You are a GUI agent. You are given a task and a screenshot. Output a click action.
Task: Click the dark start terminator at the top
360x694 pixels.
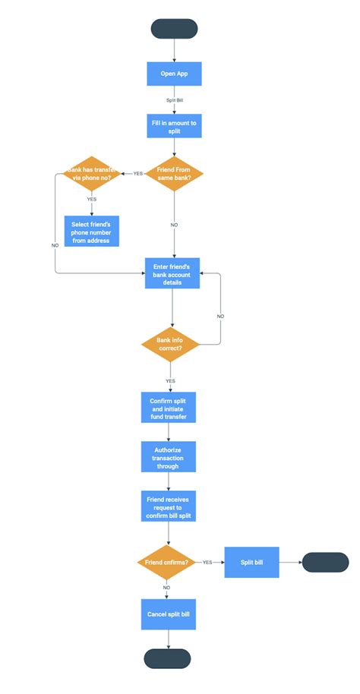[x=175, y=29]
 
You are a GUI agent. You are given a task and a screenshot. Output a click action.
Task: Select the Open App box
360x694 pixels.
[x=174, y=74]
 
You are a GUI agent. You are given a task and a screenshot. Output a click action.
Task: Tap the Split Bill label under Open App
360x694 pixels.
[x=174, y=100]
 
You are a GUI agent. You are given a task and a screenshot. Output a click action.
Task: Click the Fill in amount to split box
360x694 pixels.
[x=175, y=126]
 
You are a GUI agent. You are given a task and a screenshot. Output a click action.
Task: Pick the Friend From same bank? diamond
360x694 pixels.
[x=175, y=172]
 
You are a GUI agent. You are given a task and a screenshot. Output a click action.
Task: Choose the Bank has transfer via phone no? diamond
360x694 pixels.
[x=92, y=173]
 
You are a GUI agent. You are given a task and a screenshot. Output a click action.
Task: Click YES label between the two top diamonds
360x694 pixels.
[x=137, y=173]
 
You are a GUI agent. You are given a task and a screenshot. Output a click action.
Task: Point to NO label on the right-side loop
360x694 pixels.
[x=220, y=315]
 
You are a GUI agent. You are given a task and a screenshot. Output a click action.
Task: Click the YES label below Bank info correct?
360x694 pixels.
[x=170, y=380]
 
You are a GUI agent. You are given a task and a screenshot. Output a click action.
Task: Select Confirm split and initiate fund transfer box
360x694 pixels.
[x=169, y=407]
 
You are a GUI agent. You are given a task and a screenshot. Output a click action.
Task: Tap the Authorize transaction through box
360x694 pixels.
[x=169, y=457]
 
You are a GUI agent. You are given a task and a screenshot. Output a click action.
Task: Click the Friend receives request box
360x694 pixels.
[x=168, y=506]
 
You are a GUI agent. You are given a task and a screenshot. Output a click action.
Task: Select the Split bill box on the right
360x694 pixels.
[x=252, y=563]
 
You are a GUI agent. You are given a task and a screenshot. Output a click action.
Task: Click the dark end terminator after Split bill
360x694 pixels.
[x=325, y=563]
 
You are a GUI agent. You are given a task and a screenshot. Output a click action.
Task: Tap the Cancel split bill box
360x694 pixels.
[x=168, y=614]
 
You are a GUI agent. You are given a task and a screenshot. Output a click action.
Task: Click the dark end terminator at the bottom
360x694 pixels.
[x=167, y=658]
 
